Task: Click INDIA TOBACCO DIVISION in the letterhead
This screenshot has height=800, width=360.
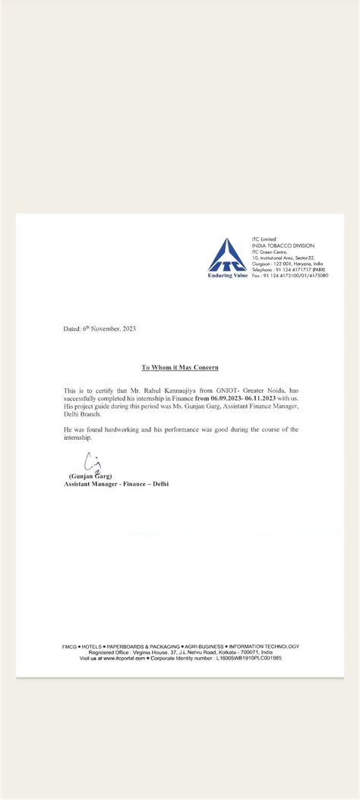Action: pyautogui.click(x=283, y=245)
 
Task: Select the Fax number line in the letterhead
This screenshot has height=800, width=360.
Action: pyautogui.click(x=290, y=276)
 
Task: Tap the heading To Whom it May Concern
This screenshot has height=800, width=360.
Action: pyautogui.click(x=179, y=367)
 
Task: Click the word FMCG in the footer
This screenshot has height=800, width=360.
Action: pyautogui.click(x=70, y=647)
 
